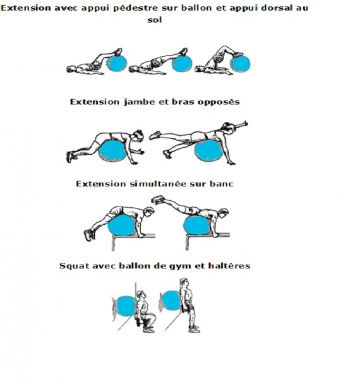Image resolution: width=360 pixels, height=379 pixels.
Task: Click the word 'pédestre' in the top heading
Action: coord(136,8)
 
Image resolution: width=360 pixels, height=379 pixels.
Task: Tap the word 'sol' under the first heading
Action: coord(154,20)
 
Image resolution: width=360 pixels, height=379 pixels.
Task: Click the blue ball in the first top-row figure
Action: coord(117,64)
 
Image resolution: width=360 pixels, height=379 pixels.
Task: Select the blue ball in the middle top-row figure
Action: coord(182,64)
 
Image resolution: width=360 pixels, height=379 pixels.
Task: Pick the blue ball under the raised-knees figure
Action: coord(240,64)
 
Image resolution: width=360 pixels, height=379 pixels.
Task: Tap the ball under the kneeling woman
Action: coord(112,151)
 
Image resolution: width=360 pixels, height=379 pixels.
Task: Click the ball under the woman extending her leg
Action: coord(209,151)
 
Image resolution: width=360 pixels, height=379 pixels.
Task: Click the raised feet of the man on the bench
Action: coord(159,200)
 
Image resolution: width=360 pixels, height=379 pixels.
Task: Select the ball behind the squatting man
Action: coord(126,306)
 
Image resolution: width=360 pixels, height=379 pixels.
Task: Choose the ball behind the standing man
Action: coord(171,301)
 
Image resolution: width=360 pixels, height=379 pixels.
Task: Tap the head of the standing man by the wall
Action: coord(184,283)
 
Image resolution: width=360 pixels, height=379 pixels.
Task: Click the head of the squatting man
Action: coord(141,296)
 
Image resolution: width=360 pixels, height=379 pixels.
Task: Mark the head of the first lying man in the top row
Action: coord(71,69)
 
